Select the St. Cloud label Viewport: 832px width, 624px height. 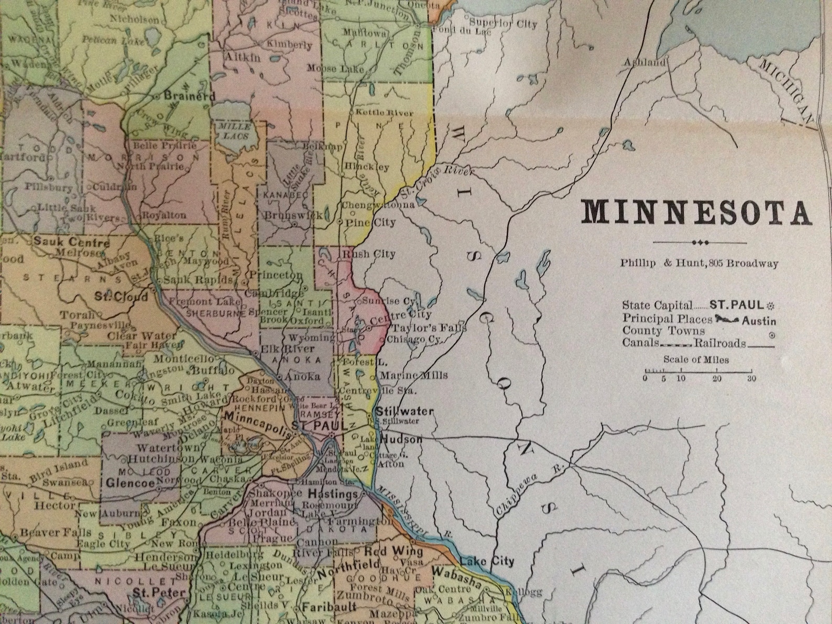click(121, 297)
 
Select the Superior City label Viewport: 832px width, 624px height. click(502, 24)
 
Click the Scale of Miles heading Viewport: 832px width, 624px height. click(696, 360)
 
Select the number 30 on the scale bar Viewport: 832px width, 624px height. click(751, 379)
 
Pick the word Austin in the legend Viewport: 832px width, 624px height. click(759, 321)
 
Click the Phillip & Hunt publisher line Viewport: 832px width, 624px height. click(699, 264)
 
